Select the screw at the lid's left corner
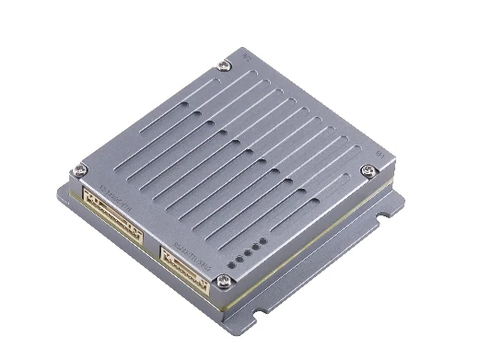pyautogui.click(x=81, y=168)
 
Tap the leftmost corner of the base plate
pyautogui.click(x=62, y=192)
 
